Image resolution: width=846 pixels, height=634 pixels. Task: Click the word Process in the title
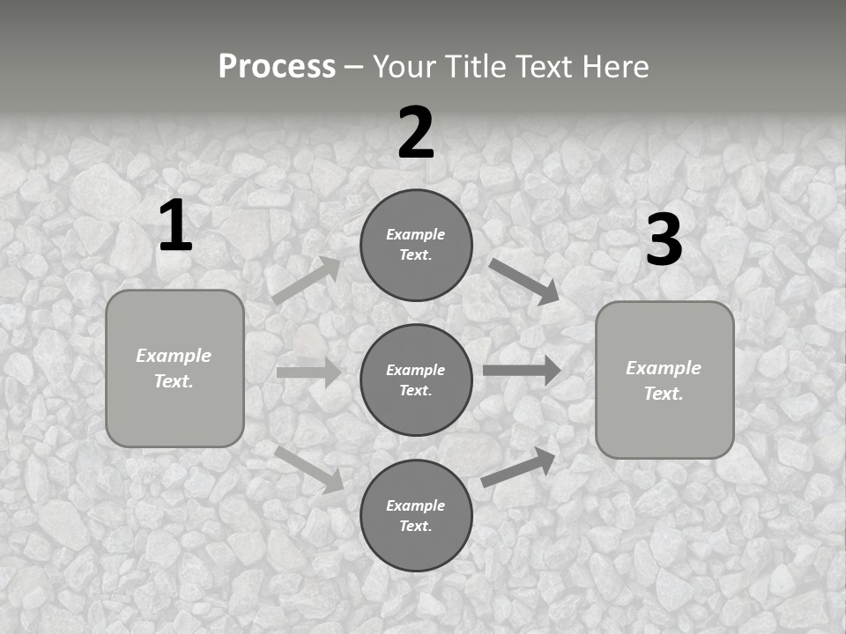coord(277,67)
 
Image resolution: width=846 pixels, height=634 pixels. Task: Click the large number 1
coord(175,226)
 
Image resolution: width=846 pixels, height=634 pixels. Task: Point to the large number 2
coord(416,133)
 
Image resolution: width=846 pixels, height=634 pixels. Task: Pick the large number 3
coord(664,240)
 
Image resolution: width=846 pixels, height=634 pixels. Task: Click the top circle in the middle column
coord(416,245)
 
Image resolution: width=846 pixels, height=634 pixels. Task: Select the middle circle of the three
coord(416,380)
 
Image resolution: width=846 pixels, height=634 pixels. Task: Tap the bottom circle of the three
coord(416,515)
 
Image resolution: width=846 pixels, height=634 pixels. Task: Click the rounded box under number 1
coord(174,368)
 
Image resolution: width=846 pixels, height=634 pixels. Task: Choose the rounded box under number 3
coord(664,380)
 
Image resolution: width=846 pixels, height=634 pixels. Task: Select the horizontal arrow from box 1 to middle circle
coord(308,372)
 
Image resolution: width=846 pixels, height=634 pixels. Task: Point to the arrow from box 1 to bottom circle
coord(309,468)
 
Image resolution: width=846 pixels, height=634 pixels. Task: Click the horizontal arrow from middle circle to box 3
coord(522,370)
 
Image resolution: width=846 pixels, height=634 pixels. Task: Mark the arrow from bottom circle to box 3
coord(519,467)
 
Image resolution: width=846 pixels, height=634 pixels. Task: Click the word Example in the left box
coord(174,356)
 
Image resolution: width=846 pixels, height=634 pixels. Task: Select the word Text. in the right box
coord(664,394)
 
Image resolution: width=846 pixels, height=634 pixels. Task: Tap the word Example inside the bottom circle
coord(416,505)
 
